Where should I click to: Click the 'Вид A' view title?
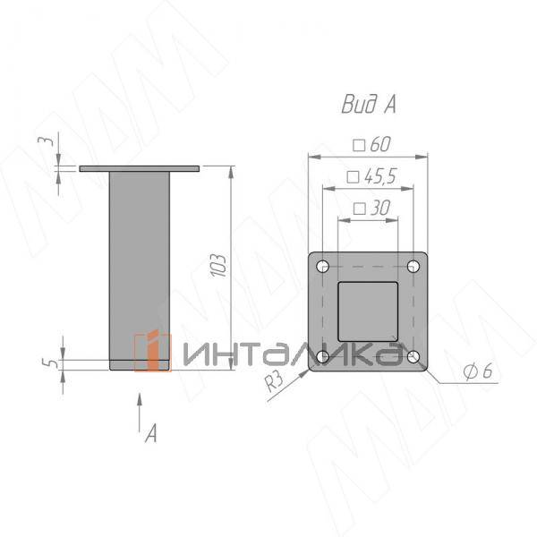[x=368, y=105]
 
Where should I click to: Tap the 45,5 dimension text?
[x=371, y=176]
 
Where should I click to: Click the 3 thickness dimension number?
[x=51, y=141]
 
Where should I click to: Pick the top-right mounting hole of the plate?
[x=413, y=267]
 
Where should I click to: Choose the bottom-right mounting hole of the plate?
[x=413, y=357]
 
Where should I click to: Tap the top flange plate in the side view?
[x=140, y=168]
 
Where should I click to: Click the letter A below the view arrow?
[x=151, y=434]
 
